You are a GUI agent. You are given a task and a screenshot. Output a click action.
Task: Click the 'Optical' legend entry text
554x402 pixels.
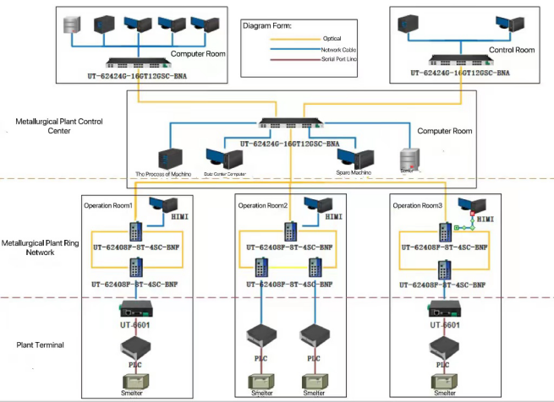pos(332,38)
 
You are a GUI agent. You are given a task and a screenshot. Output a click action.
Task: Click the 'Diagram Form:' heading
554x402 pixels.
pos(267,26)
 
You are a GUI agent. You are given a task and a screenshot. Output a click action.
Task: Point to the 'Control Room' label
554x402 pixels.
pos(513,51)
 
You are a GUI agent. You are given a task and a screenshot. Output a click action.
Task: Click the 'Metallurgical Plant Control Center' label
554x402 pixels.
pos(57,126)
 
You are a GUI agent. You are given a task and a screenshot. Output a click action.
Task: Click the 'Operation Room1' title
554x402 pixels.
pos(109,205)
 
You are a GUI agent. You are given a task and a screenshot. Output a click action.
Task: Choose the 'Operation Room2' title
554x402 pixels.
pos(263,205)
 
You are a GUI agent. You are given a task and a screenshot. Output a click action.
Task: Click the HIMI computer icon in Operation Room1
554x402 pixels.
pos(162,205)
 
